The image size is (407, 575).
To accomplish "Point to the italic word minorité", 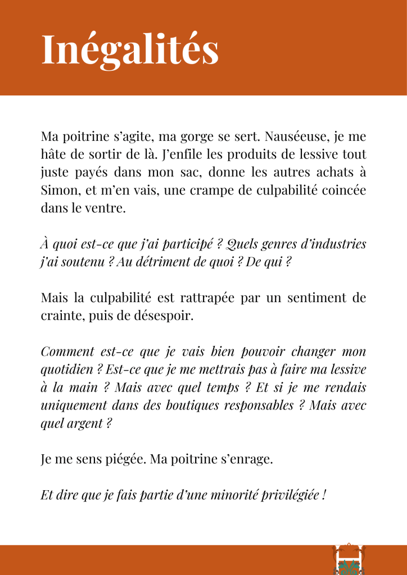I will click(x=248, y=496).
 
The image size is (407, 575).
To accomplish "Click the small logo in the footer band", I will click(x=349, y=560).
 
